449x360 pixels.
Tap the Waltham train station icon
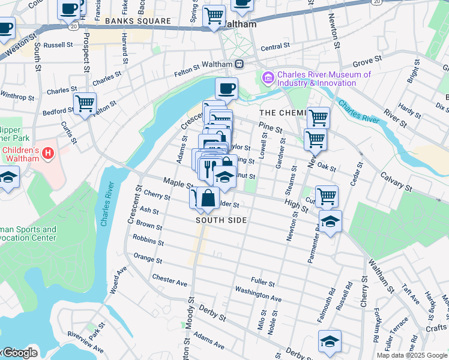(x=239, y=64)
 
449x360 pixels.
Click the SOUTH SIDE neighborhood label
(x=221, y=220)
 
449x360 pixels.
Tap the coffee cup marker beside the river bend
(x=226, y=89)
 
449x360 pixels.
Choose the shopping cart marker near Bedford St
(x=85, y=103)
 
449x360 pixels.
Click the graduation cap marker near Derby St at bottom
(x=330, y=341)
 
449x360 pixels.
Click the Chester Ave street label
(x=170, y=280)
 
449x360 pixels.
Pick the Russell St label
(x=58, y=44)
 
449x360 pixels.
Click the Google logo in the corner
(x=19, y=353)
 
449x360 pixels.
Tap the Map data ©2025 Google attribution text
(x=411, y=355)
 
